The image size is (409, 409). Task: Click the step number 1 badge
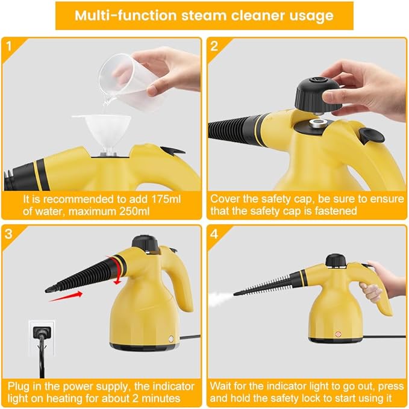click(8, 45)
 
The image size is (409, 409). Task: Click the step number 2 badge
click(214, 45)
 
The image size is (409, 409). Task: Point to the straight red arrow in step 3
click(66, 295)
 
